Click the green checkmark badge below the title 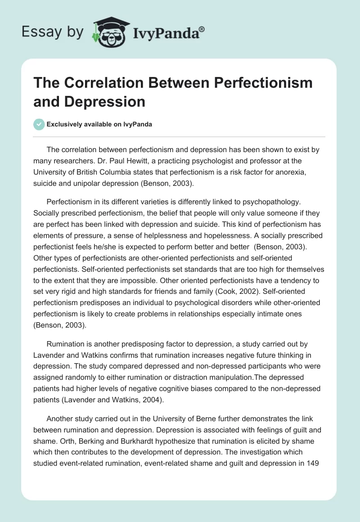(40, 124)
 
